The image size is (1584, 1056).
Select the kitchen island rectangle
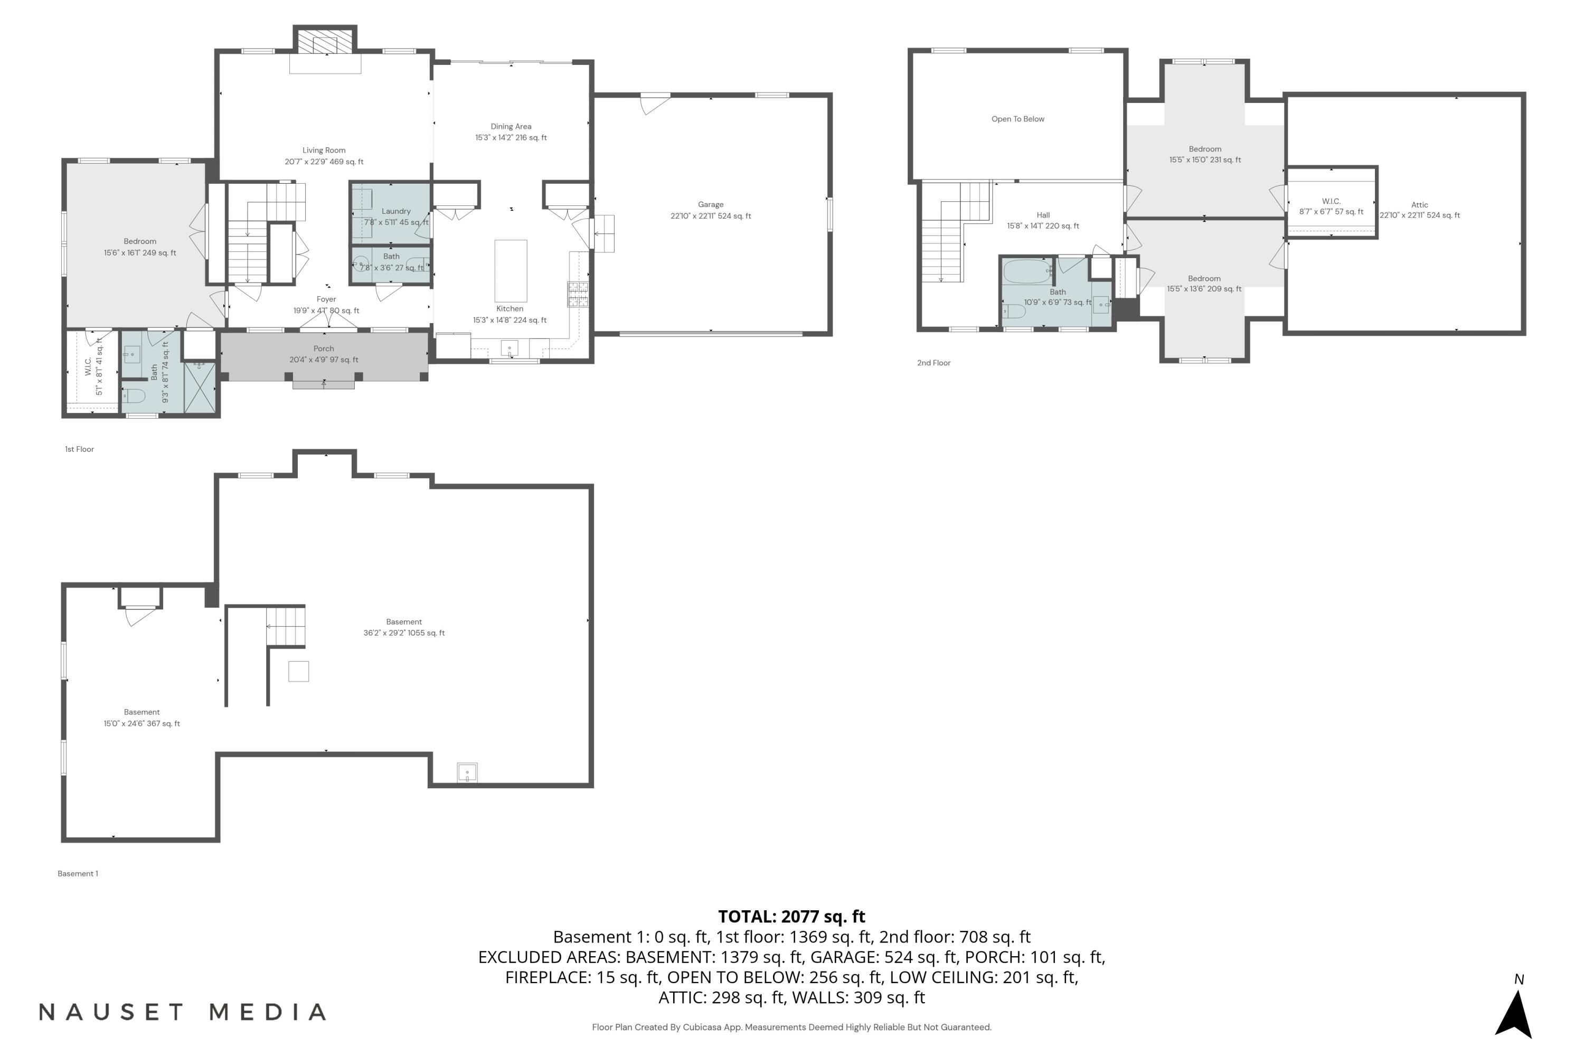click(x=511, y=271)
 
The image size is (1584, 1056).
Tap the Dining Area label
click(x=511, y=127)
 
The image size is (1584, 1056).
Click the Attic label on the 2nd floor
click(x=1419, y=205)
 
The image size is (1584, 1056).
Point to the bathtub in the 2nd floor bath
click(x=1027, y=272)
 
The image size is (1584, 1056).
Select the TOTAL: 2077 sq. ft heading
click(x=791, y=917)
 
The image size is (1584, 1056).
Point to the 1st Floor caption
click(x=80, y=449)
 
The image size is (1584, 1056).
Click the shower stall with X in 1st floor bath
click(x=200, y=387)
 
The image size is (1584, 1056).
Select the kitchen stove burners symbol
click(x=578, y=294)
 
